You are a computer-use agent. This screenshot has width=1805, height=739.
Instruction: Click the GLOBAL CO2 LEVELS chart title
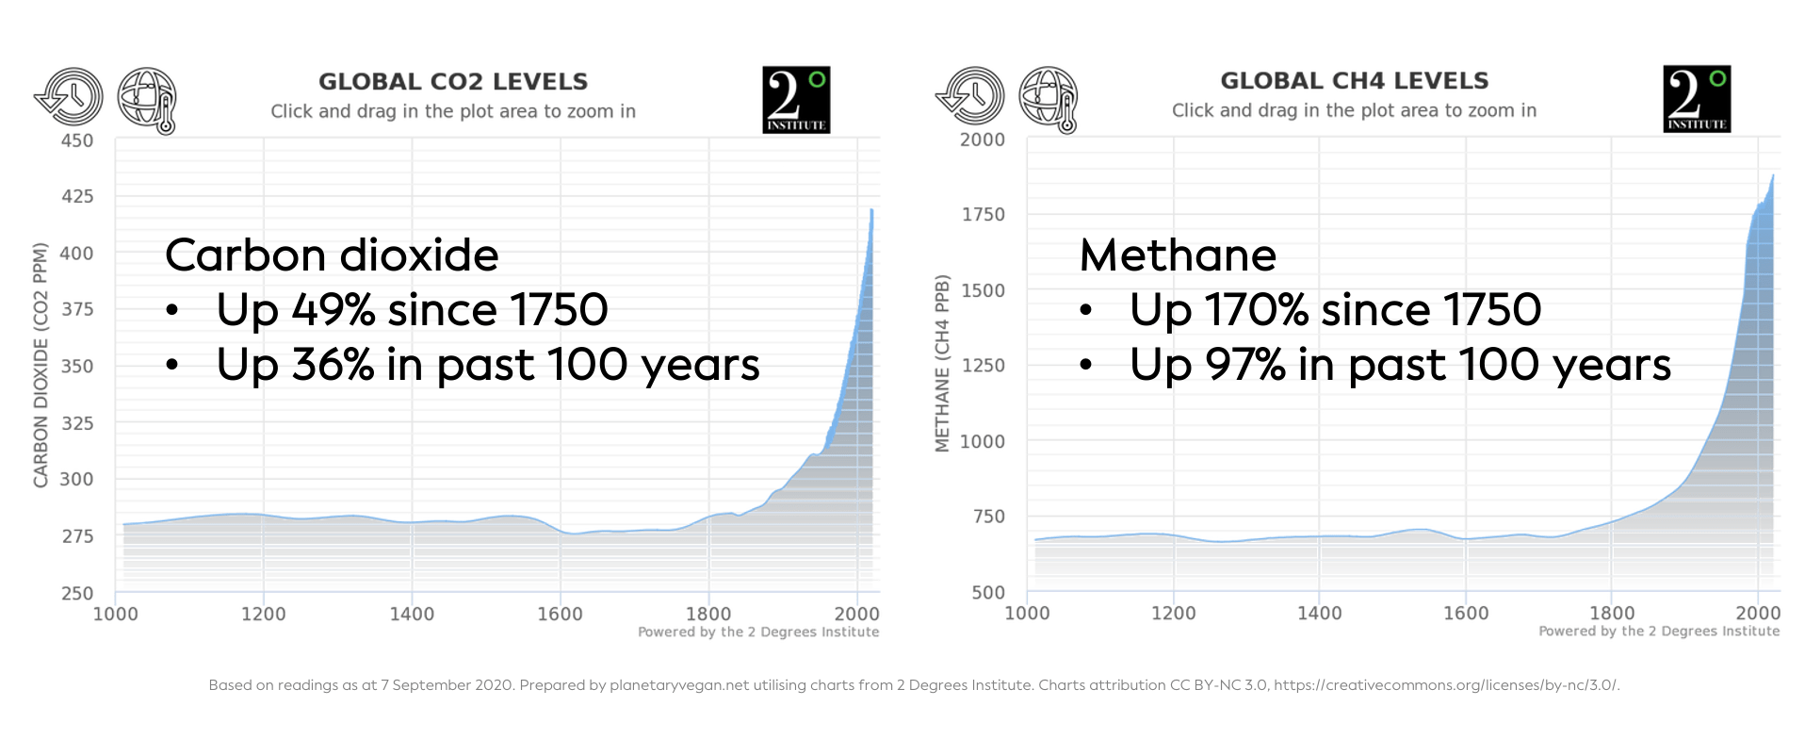tap(453, 82)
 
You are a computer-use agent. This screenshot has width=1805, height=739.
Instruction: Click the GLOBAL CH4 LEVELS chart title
tap(1354, 81)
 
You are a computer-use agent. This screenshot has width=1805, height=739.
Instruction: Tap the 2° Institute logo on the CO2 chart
tap(796, 99)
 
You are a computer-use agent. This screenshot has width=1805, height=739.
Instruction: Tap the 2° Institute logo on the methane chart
tap(1697, 98)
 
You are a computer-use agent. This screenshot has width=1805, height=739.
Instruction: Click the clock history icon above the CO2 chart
tap(69, 96)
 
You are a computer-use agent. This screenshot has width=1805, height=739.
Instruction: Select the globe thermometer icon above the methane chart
tap(1049, 99)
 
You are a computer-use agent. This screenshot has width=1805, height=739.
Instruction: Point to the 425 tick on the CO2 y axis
tap(77, 196)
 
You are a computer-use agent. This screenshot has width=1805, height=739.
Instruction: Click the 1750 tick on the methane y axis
tap(983, 215)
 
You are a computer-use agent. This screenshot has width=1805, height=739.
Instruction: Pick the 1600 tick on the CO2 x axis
tap(560, 615)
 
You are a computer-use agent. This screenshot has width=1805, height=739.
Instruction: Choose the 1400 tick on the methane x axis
tap(1319, 614)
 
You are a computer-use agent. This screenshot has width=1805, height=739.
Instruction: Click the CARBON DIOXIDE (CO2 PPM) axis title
tap(41, 366)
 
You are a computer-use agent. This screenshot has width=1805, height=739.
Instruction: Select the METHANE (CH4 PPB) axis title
tap(942, 364)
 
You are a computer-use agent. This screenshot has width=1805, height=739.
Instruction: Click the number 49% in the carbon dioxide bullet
tap(333, 310)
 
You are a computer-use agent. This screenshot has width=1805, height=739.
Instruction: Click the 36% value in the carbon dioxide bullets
tap(333, 365)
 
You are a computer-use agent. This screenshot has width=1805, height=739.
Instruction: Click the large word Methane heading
tap(1178, 255)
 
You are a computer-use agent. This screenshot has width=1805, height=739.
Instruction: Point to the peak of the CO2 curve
tap(871, 210)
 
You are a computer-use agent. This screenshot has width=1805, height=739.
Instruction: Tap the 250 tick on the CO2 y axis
tap(77, 593)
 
